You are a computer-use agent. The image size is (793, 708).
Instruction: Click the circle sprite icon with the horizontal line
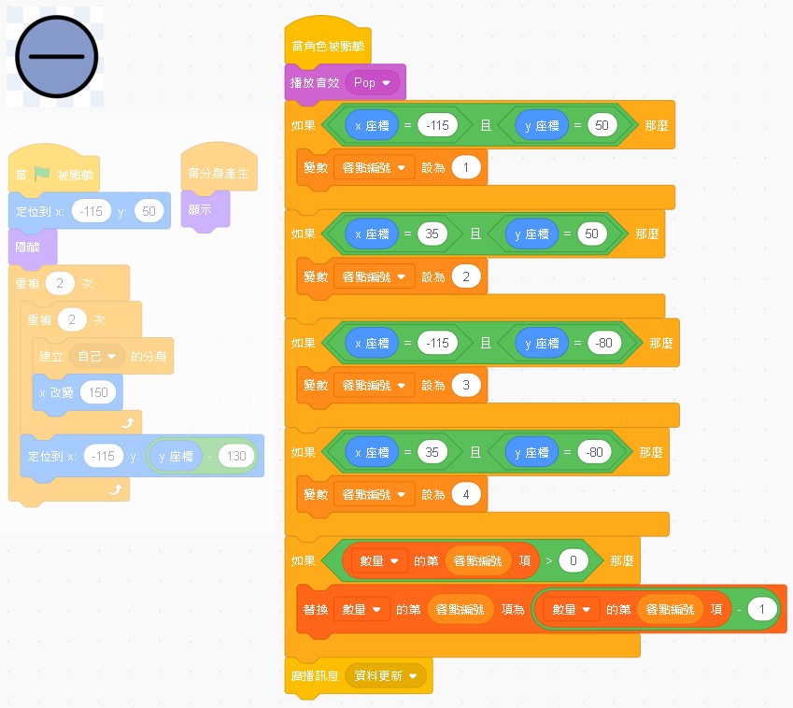click(56, 57)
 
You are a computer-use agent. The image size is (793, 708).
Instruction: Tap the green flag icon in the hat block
click(42, 174)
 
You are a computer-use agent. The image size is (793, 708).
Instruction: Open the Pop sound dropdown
click(373, 83)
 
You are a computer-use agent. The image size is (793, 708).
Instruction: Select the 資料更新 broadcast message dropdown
click(385, 675)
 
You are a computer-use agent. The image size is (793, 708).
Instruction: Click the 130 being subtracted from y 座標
click(237, 456)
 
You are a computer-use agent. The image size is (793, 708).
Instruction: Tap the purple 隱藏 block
click(28, 247)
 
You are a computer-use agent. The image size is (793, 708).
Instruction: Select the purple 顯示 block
click(200, 210)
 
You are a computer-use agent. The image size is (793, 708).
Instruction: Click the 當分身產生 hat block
click(219, 173)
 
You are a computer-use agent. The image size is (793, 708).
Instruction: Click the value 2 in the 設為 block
click(465, 276)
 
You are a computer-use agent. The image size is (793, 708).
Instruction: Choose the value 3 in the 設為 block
click(465, 384)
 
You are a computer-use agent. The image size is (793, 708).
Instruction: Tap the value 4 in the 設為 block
click(465, 494)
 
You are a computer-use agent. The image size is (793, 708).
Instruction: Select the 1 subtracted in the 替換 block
click(762, 610)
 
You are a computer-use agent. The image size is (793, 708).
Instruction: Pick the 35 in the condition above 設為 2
click(432, 234)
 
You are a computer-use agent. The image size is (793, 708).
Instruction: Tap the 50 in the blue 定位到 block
click(148, 211)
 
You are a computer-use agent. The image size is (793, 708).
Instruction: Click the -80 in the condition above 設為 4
click(594, 452)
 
